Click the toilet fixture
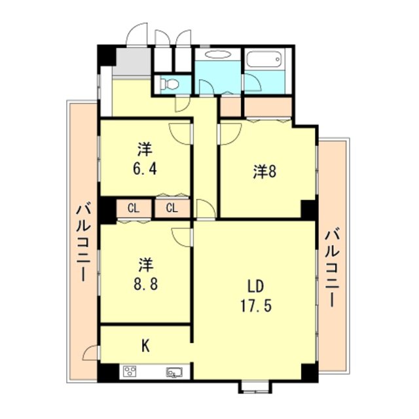169,83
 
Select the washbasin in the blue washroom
217,56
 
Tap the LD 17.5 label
256,297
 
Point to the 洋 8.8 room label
145,275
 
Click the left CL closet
134,209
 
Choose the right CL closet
172,209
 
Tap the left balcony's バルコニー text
83,242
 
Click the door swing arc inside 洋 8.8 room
180,236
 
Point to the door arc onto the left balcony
90,354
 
